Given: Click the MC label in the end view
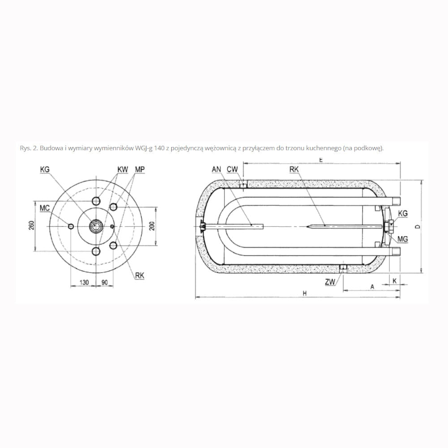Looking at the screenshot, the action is click(44, 208).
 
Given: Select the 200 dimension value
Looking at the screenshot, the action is click(152, 226).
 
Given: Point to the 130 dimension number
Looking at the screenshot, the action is click(84, 282).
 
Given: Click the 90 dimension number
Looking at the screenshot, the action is click(104, 282).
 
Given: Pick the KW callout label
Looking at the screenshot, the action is click(123, 169).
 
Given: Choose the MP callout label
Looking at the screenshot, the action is click(140, 169).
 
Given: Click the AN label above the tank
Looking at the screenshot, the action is click(216, 169).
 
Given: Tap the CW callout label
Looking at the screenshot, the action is click(232, 169).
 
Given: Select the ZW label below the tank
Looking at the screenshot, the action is click(330, 282).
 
